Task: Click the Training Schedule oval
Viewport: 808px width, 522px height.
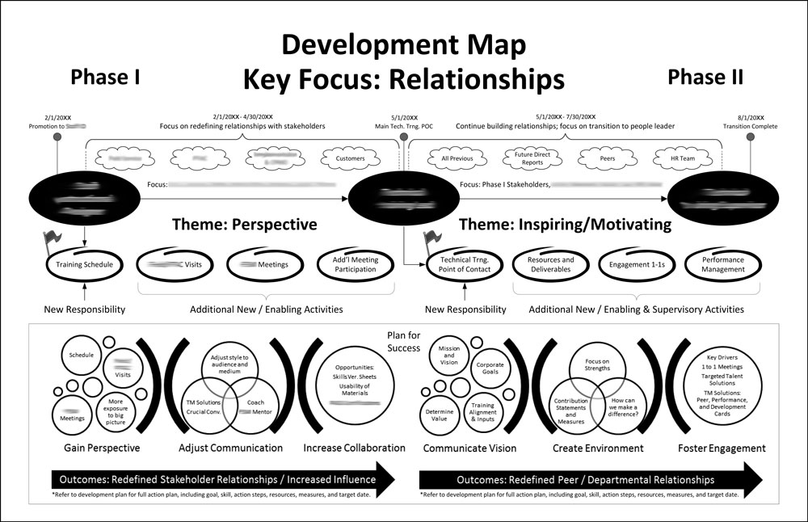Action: [x=85, y=264]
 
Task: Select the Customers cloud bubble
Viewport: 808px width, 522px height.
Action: [x=350, y=159]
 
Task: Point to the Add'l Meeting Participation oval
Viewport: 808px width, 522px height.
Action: [x=355, y=264]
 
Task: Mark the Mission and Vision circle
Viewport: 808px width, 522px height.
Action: [x=449, y=356]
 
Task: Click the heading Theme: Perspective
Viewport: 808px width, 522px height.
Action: [x=244, y=224]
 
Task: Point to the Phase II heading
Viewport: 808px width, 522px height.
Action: [x=705, y=77]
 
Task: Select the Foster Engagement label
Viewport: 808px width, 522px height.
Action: [x=721, y=448]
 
